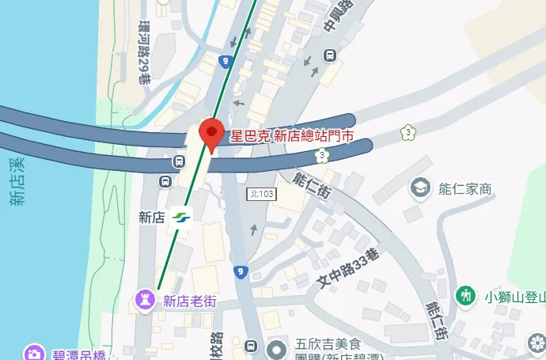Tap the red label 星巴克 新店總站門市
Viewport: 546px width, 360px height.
(301, 137)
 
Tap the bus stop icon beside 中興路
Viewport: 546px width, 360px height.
(329, 55)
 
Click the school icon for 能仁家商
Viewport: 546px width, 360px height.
(419, 188)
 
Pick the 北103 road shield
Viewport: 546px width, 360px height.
(261, 194)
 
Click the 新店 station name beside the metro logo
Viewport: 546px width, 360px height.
(151, 217)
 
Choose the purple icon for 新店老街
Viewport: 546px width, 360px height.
(146, 300)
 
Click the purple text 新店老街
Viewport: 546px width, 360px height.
(189, 301)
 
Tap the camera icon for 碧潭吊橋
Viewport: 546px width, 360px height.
(33, 353)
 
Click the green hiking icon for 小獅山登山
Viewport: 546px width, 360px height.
(467, 296)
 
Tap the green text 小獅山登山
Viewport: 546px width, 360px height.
(515, 297)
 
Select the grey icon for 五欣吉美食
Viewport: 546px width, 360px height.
(277, 348)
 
